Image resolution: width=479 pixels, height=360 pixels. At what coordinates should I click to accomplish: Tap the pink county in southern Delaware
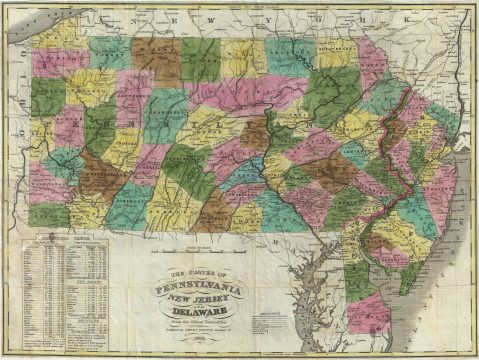369,312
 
